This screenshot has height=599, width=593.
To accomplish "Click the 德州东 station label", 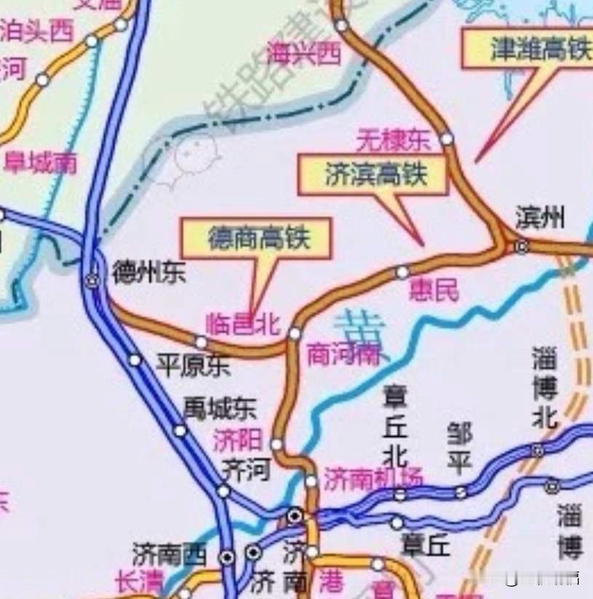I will coord(148,273).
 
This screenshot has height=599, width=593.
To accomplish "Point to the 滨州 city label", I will coord(539,217).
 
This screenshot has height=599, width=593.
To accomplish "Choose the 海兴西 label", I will coord(303,53).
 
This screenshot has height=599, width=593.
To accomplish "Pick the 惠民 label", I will coord(434,291).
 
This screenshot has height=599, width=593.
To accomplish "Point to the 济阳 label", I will coord(237,440).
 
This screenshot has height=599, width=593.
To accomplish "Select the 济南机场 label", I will coord(373,479).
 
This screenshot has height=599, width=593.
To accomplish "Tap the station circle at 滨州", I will coord(521,246).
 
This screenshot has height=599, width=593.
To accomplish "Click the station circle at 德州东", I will coord(92,280).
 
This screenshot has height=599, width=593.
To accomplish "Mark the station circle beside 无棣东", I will coord(446,138).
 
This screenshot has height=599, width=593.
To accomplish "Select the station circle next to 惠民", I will coord(402,273).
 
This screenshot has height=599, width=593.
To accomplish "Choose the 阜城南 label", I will coord(41,162).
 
